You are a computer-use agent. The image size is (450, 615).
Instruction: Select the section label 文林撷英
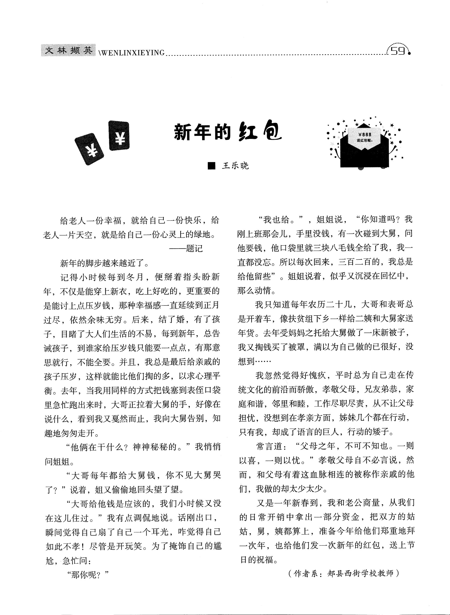68,51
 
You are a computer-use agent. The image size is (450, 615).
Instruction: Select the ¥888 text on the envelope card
365,134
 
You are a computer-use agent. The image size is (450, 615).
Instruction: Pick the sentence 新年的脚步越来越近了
104,263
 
